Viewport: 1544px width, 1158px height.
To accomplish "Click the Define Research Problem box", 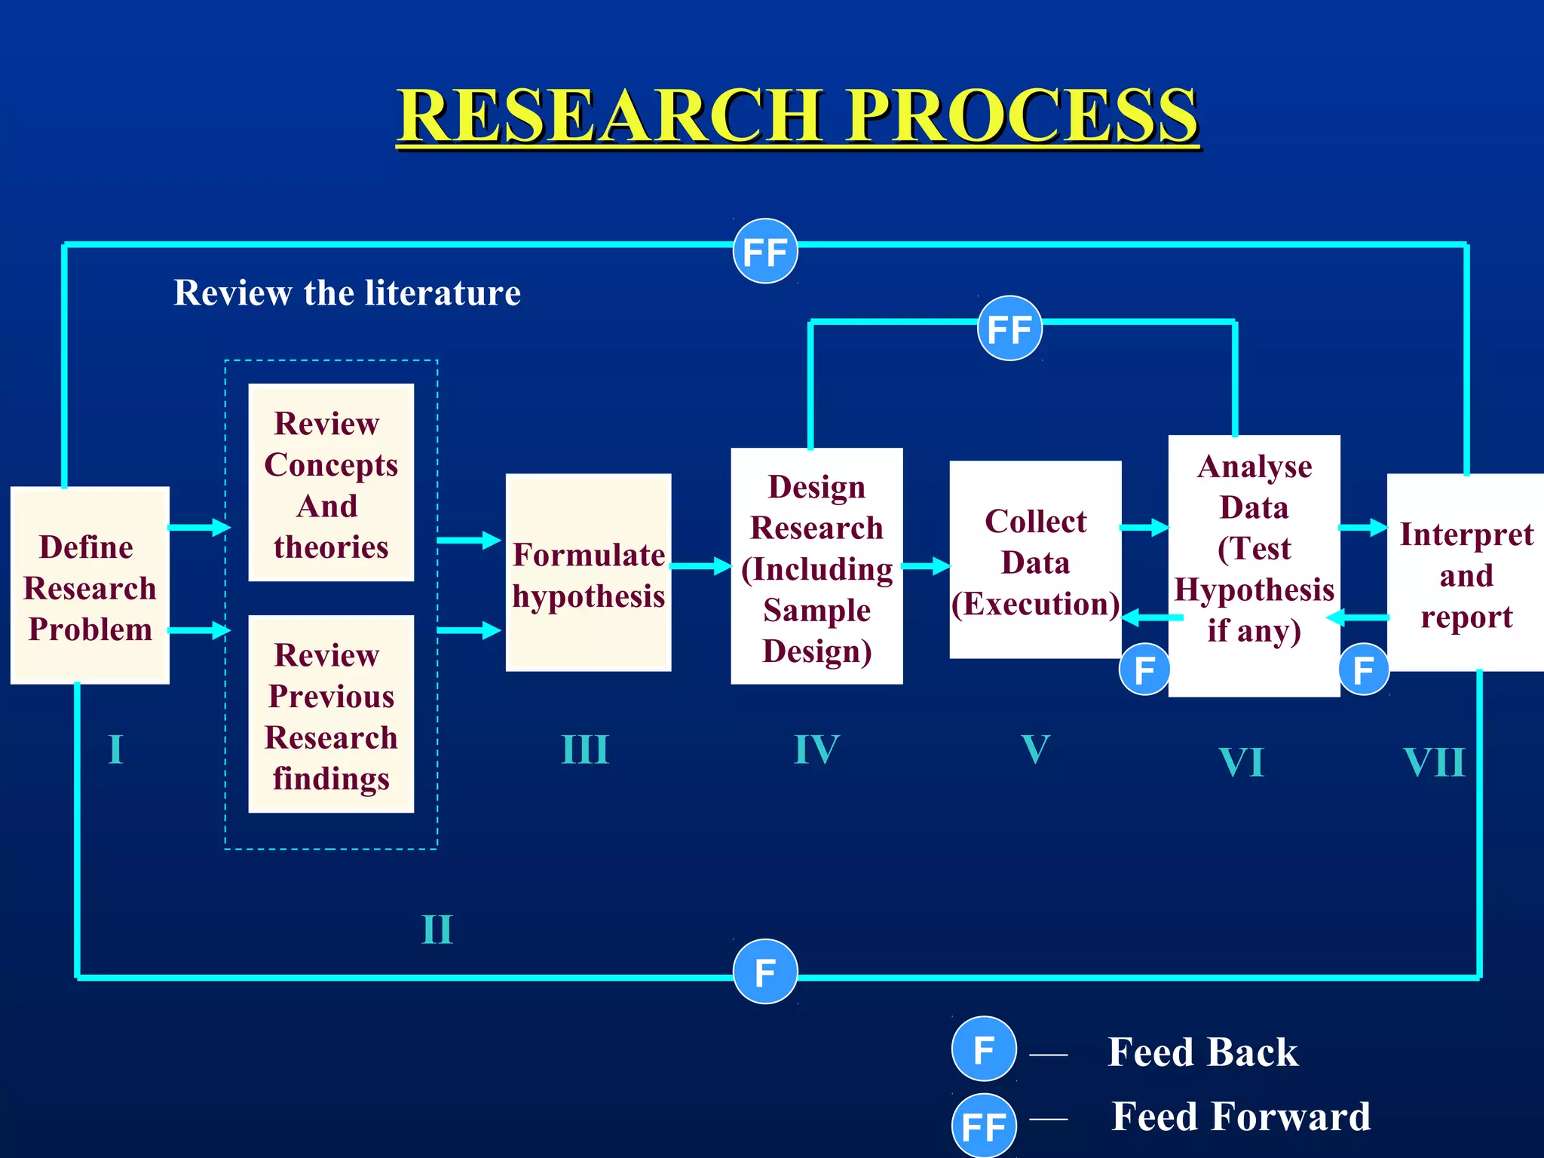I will pos(90,586).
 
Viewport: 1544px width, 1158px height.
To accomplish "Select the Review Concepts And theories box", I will pos(331,482).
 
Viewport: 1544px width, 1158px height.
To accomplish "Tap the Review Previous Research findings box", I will pos(331,714).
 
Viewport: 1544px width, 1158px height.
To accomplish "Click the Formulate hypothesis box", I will pos(588,573).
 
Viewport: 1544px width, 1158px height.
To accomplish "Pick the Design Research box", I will pos(816,566).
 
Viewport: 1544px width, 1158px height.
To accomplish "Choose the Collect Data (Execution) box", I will pos(1035,560).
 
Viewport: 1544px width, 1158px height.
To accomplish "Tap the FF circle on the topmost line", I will pos(765,252).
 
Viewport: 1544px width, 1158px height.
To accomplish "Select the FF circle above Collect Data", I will pos(1009,329).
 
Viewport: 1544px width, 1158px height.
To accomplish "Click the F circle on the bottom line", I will pos(765,972).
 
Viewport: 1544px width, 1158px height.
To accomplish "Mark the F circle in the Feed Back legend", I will pos(983,1049).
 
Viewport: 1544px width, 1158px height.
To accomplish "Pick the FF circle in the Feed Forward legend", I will pos(983,1126).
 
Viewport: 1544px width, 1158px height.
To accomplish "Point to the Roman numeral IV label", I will pos(816,750).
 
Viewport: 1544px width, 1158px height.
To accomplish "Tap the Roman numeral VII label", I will pos(1434,762).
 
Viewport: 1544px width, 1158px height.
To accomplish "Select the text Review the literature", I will pos(347,293).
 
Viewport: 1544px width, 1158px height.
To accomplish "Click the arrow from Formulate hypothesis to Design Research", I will pos(700,565).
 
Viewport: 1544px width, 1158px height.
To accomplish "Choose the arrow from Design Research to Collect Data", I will pos(926,565).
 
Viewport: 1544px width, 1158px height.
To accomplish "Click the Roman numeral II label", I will pos(437,930).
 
